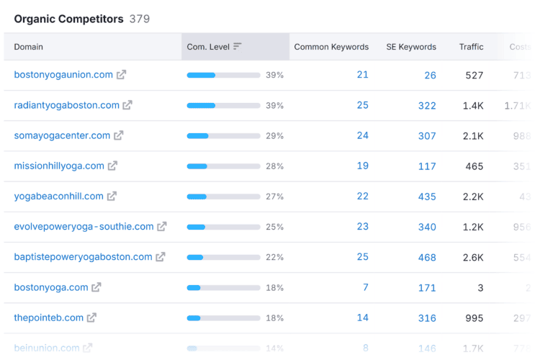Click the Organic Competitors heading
(x=68, y=19)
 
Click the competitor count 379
(x=140, y=19)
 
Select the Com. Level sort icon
(x=238, y=47)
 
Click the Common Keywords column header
(x=331, y=47)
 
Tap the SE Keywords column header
(x=410, y=47)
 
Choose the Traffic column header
(x=472, y=47)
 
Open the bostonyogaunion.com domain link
(x=63, y=75)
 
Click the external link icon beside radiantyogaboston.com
(x=127, y=105)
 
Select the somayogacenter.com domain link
(x=62, y=135)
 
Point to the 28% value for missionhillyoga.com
(x=274, y=166)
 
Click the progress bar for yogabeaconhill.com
(x=223, y=197)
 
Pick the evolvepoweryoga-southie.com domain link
(x=84, y=227)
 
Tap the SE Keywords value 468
(x=427, y=257)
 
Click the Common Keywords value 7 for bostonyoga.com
(x=366, y=287)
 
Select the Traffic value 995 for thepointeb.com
(x=475, y=318)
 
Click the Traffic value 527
(x=475, y=75)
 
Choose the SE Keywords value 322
(x=427, y=105)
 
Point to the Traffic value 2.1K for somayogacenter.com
(x=473, y=135)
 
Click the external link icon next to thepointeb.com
(x=91, y=318)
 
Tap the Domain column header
(x=29, y=47)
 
